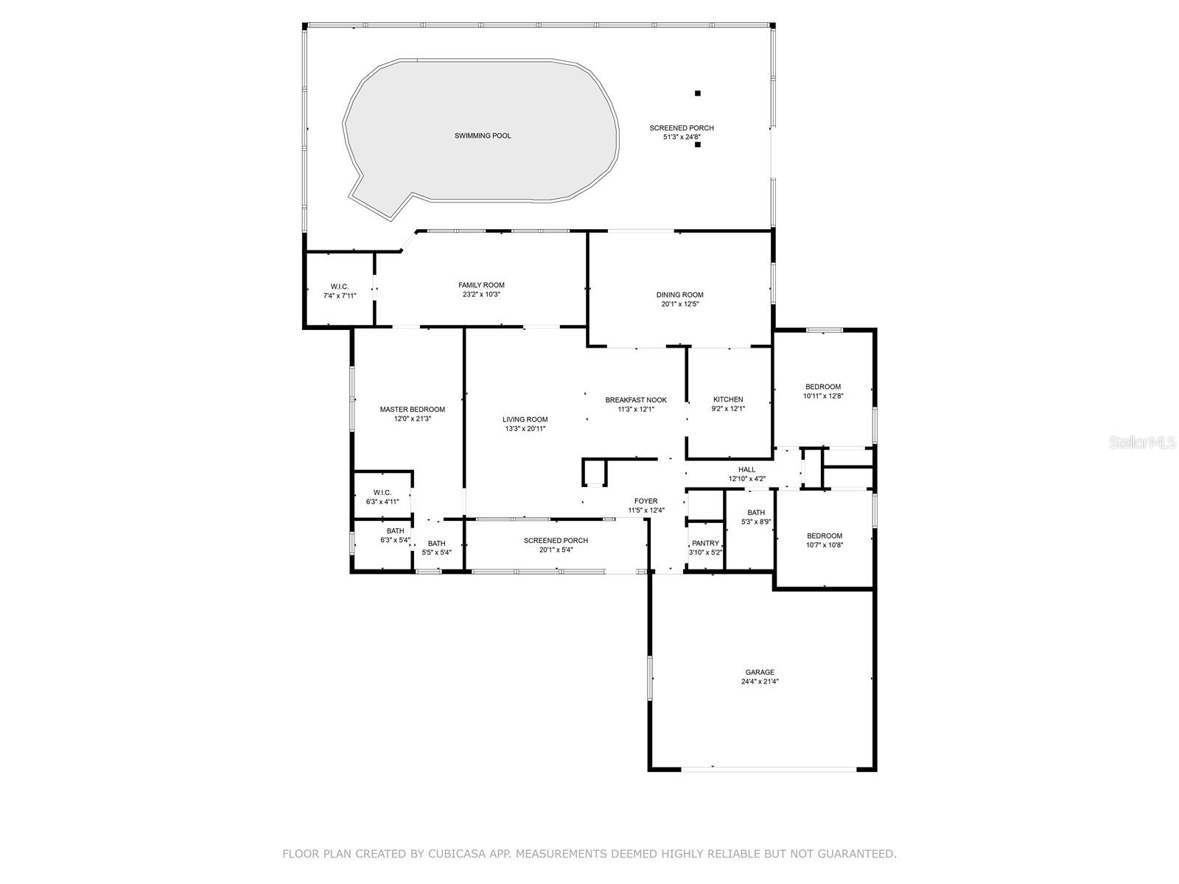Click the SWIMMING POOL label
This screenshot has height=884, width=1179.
pyautogui.click(x=483, y=136)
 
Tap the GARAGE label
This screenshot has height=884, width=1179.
pyautogui.click(x=760, y=672)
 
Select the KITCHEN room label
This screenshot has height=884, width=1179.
pyautogui.click(x=728, y=399)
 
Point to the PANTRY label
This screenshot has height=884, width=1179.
pyautogui.click(x=705, y=543)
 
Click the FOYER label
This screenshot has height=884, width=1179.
pyautogui.click(x=646, y=502)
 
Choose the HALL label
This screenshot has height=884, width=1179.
pyautogui.click(x=746, y=470)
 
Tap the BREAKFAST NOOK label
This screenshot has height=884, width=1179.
pyautogui.click(x=636, y=400)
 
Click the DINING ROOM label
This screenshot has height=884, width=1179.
pyautogui.click(x=679, y=295)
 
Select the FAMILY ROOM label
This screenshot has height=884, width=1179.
pyautogui.click(x=481, y=285)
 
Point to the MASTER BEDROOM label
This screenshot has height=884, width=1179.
pyautogui.click(x=413, y=410)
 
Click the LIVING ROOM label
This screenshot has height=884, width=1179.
pyautogui.click(x=525, y=420)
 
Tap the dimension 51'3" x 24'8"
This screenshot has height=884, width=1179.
pyautogui.click(x=682, y=138)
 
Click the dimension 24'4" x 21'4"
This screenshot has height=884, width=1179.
pyautogui.click(x=760, y=681)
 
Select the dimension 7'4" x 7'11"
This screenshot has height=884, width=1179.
pyautogui.click(x=340, y=295)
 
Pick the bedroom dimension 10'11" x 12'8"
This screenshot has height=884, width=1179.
pyautogui.click(x=823, y=396)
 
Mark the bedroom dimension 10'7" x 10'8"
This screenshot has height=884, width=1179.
pyautogui.click(x=825, y=545)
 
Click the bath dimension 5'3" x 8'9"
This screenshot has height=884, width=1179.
pyautogui.click(x=756, y=522)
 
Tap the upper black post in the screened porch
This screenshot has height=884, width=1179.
pyautogui.click(x=698, y=94)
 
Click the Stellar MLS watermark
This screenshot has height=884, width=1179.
pyautogui.click(x=1142, y=442)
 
